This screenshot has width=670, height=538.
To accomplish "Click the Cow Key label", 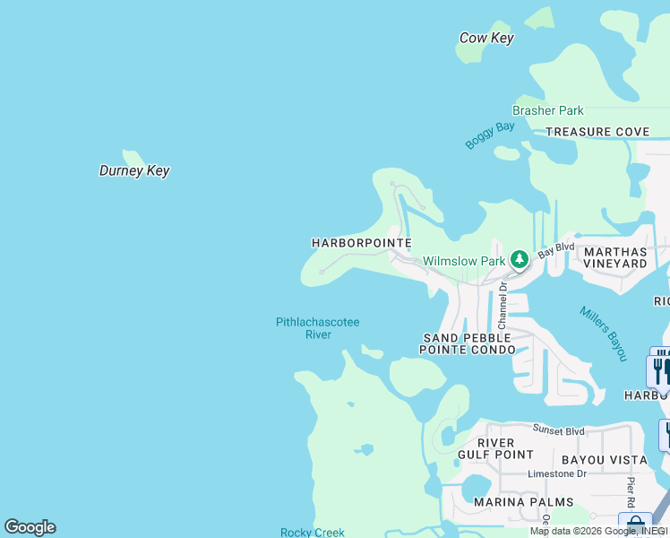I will tap(485, 38).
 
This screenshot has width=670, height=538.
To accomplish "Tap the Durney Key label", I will tap(133, 170).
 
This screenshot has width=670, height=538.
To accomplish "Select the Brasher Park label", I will tap(547, 110).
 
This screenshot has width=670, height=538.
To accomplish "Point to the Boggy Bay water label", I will tap(490, 135).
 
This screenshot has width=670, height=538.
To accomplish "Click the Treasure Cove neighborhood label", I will tap(597, 132).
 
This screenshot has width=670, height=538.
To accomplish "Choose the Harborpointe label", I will tap(361, 243).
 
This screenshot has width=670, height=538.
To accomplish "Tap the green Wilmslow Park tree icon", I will tap(519, 260).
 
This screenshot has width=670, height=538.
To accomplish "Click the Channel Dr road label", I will tap(502, 304).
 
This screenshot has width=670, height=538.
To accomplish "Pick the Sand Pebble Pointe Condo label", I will tap(468, 343).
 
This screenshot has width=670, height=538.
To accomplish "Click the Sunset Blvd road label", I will tap(558, 430).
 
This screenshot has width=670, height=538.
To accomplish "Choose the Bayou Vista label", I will tap(604, 460).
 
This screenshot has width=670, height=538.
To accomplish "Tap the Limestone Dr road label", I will tap(556, 473).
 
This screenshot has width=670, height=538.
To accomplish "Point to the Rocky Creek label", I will tap(312, 532).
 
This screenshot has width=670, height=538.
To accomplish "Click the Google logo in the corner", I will tap(30, 527).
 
